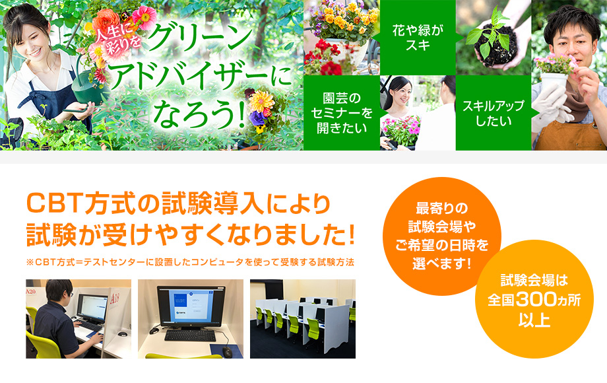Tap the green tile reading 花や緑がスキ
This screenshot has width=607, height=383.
(x=418, y=38)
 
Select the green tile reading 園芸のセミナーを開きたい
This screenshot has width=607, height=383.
(x=342, y=113)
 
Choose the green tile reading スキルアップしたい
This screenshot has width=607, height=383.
(x=494, y=113)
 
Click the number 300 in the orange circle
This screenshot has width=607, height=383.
(x=534, y=299)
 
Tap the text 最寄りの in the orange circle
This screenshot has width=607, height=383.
(x=441, y=209)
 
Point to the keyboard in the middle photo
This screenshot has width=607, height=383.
(x=190, y=335)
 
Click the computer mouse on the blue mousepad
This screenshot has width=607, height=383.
(x=227, y=351)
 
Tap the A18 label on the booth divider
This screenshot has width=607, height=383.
(x=115, y=298)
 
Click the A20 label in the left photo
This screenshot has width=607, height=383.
(x=30, y=291)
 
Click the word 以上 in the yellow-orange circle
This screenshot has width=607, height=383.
(x=534, y=320)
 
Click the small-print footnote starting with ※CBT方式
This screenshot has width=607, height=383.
(x=190, y=262)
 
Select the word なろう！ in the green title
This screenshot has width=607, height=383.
(x=199, y=115)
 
